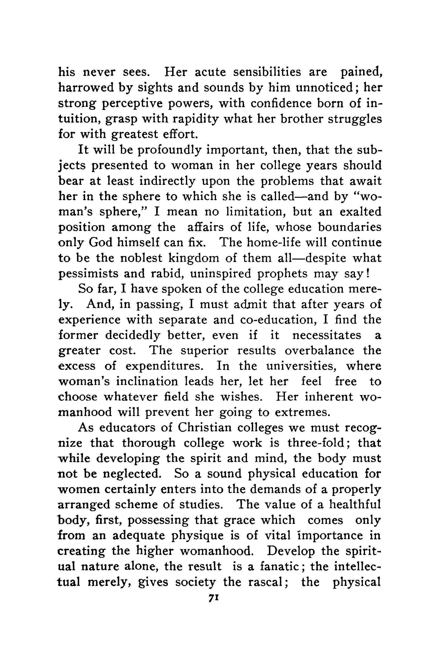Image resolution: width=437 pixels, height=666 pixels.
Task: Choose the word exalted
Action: click(361, 212)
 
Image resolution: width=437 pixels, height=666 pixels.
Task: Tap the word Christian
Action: click(205, 428)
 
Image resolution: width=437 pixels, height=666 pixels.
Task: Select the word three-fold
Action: click(318, 443)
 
